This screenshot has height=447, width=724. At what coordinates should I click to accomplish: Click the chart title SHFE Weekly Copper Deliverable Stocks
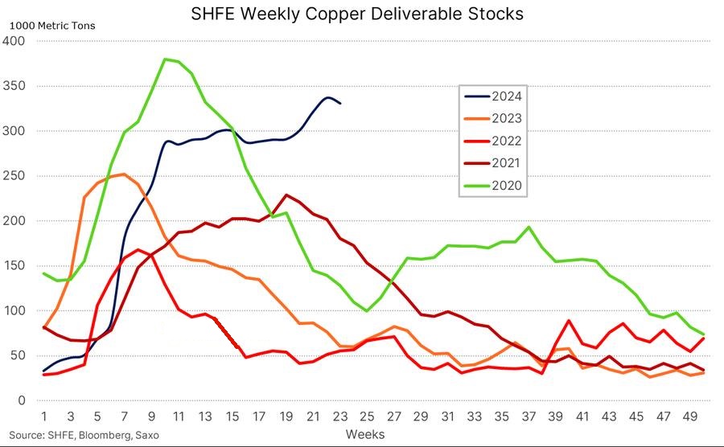click(345, 14)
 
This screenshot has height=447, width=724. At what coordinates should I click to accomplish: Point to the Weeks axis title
click(365, 434)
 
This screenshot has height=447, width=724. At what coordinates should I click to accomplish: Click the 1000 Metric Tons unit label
click(51, 26)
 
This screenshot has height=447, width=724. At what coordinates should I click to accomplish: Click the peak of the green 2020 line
click(165, 59)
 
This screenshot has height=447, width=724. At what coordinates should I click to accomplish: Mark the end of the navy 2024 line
click(340, 103)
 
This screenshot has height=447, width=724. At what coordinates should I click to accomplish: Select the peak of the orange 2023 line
click(123, 174)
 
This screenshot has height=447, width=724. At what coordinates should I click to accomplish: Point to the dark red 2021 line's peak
click(286, 195)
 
